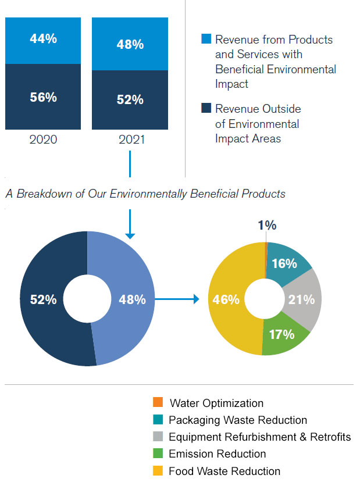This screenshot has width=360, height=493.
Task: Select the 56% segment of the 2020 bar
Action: click(x=44, y=97)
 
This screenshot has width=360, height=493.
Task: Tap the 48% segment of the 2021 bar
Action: click(x=130, y=44)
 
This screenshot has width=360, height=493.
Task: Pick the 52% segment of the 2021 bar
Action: click(x=130, y=99)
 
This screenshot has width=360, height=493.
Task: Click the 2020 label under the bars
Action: click(x=44, y=140)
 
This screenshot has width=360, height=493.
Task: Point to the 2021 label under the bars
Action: click(x=130, y=140)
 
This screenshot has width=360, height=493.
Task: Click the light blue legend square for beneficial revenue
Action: click(x=206, y=40)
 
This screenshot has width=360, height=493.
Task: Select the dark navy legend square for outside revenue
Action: click(x=206, y=108)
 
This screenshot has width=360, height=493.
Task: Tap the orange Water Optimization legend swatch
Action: click(x=157, y=402)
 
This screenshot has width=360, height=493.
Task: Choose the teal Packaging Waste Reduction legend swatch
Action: click(x=157, y=420)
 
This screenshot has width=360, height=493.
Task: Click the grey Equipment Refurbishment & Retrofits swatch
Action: click(x=157, y=437)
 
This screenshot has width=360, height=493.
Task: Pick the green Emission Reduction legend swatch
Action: click(x=157, y=453)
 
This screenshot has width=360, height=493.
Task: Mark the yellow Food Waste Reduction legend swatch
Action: click(x=157, y=471)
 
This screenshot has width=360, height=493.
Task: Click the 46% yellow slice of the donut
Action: click(x=227, y=299)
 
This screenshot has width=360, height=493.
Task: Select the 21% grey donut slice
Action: click(x=304, y=299)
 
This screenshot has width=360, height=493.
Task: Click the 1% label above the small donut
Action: click(x=267, y=226)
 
